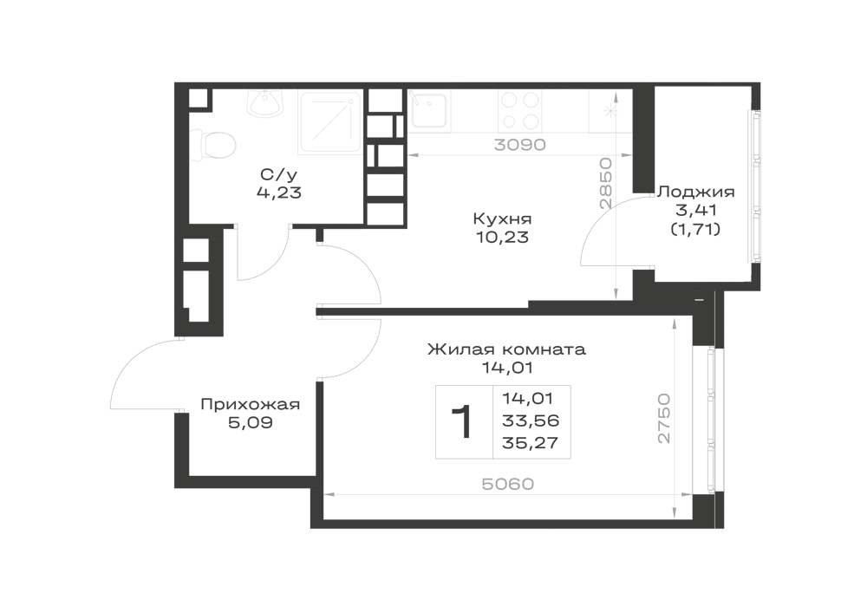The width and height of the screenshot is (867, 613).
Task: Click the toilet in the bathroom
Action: click(x=213, y=146)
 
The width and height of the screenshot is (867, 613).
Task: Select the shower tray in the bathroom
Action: click(x=330, y=121)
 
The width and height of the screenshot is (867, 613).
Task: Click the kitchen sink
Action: click(x=428, y=109)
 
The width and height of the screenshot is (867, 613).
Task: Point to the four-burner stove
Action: click(x=520, y=111)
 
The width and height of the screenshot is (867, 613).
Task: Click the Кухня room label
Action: click(x=502, y=218)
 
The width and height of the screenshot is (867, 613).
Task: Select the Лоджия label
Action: click(x=695, y=192)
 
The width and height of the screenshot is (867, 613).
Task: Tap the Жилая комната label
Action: click(x=506, y=349)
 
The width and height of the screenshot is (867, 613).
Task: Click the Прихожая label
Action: click(x=250, y=405)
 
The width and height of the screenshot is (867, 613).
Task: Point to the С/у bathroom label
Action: click(x=278, y=174)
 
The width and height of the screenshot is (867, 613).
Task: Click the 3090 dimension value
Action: click(x=519, y=145)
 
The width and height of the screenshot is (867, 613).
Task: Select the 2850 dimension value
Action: click(x=607, y=183)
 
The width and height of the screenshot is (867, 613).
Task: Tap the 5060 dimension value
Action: click(x=508, y=484)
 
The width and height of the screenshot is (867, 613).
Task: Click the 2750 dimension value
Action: click(x=663, y=419)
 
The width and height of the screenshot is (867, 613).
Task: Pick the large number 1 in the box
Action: click(x=462, y=421)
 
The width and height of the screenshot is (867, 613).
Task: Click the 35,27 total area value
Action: click(x=531, y=443)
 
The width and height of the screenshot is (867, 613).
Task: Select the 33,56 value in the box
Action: click(x=531, y=421)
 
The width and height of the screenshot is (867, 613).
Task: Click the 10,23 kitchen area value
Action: click(x=502, y=237)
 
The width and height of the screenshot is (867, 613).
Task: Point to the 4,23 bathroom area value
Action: click(x=278, y=192)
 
